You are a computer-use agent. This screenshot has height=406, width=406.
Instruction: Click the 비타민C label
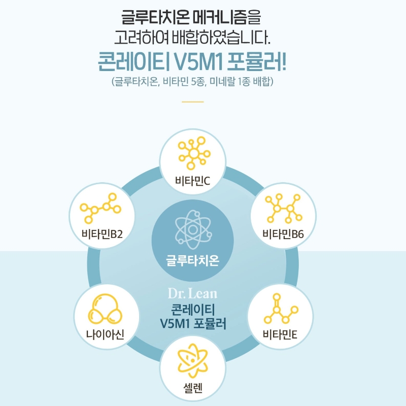point(192,181)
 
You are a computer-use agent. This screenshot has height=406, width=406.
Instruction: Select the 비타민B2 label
point(102,234)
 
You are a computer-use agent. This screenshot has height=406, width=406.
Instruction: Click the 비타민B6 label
point(283,234)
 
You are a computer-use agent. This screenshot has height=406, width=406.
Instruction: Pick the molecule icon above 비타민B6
point(284,209)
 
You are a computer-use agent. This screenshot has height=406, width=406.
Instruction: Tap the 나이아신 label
point(105,334)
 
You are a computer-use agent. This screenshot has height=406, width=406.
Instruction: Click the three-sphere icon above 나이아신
point(105,309)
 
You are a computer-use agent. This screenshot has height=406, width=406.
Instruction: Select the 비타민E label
point(280,334)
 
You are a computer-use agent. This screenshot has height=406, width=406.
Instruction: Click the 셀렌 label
point(193,388)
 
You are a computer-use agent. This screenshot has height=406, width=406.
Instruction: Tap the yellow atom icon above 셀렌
point(193,360)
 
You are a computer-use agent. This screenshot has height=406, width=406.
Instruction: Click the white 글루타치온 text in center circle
point(193,260)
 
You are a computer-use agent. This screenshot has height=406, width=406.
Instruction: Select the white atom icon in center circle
point(193,229)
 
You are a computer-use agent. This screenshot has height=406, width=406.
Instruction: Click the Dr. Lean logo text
point(193,293)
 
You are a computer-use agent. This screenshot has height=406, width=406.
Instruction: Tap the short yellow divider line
point(193,102)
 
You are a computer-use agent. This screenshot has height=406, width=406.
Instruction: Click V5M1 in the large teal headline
point(196,62)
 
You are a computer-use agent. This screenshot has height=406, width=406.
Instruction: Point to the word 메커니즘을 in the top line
point(227,17)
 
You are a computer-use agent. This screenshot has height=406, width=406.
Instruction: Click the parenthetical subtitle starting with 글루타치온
point(193,81)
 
